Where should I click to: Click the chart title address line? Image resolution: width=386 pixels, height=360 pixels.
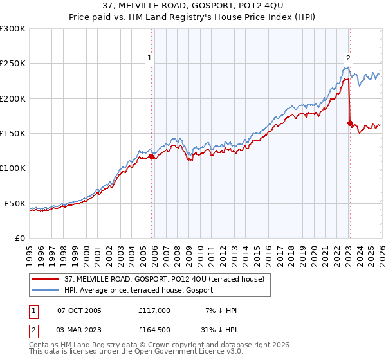pos(193,6)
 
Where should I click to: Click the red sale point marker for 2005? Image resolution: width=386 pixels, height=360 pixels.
pos(152,156)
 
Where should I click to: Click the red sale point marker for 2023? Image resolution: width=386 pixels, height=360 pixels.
pos(350,123)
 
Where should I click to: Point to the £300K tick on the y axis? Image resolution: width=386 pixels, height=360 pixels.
pos(13,29)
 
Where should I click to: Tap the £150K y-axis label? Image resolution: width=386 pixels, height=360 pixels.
pos(13,134)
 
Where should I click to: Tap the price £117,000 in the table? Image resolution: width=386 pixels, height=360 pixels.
pos(154,310)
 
